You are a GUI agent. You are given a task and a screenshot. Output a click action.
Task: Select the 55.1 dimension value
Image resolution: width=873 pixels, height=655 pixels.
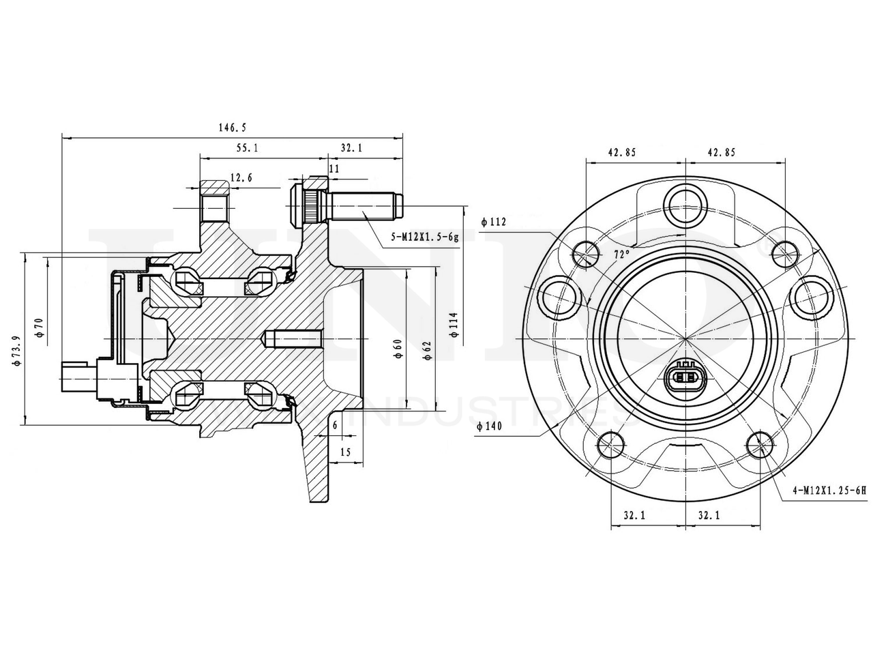[247, 147]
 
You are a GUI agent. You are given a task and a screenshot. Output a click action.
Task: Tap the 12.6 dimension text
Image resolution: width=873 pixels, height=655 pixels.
[241, 178]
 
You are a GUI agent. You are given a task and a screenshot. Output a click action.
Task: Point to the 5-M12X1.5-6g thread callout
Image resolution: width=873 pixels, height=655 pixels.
[425, 237]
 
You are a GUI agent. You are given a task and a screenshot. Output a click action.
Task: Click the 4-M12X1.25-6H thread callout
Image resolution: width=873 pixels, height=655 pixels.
[828, 490]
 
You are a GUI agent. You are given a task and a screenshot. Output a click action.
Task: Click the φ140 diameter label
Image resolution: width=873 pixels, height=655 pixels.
[490, 426]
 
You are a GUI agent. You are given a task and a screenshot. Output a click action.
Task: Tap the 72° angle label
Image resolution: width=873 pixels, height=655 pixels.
[621, 254]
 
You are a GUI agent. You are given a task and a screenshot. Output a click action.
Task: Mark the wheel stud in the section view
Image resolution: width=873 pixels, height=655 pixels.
[361, 203]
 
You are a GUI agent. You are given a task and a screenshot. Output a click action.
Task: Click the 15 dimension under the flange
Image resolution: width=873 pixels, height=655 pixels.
[344, 452]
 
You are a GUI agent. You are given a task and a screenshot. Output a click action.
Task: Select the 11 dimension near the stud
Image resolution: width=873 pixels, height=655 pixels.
[334, 168]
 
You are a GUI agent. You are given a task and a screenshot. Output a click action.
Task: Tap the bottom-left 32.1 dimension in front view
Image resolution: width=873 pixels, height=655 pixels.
[634, 516]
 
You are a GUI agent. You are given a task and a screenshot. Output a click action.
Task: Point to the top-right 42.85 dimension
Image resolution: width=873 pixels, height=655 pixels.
[722, 153]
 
